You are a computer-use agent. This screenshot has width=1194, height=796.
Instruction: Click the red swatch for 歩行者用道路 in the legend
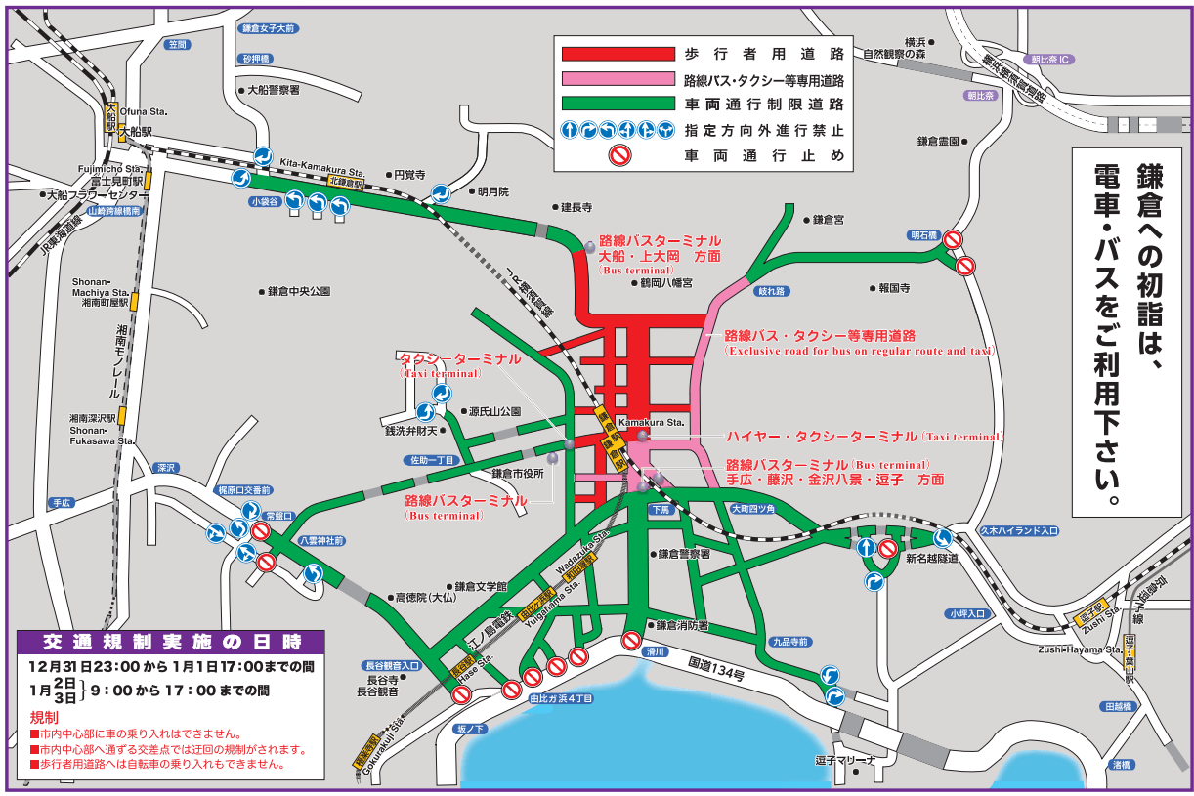click(616, 54)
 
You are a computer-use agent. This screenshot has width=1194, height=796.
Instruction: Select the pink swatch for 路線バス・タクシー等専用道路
click(616, 79)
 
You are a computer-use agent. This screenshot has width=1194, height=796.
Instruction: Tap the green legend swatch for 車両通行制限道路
click(616, 104)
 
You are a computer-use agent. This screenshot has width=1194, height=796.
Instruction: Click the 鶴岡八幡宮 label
click(665, 283)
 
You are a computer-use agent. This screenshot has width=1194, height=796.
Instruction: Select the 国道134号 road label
click(715, 668)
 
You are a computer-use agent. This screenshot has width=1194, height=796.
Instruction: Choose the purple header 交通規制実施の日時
click(170, 642)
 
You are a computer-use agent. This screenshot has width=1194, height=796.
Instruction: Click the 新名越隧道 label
click(931, 559)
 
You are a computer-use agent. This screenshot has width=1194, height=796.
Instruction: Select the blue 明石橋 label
click(922, 235)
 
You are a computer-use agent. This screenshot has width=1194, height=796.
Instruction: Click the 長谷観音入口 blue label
click(391, 665)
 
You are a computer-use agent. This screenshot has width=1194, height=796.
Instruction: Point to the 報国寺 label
click(894, 288)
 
